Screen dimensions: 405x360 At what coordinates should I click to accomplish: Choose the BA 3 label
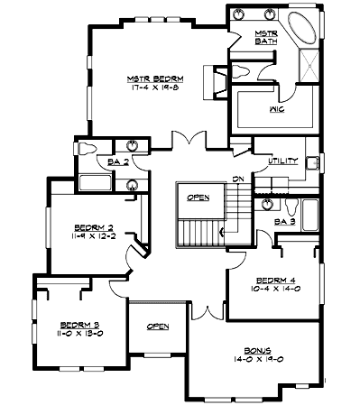(x=285, y=221)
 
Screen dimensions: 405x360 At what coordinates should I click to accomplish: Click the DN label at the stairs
(x=237, y=178)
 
